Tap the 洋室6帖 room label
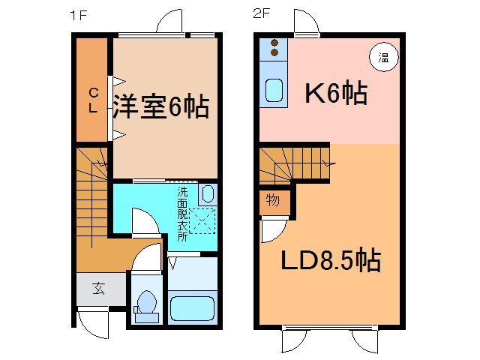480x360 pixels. tap(161, 107)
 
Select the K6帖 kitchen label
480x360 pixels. tap(334, 94)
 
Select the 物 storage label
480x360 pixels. tap(273, 201)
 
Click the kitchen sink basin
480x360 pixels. tap(274, 91)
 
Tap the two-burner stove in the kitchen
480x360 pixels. tap(274, 48)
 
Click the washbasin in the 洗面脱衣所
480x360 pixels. tap(208, 193)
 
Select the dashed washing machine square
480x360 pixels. tap(202, 221)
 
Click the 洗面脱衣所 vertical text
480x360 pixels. tap(182, 214)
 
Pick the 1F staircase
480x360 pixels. tap(93, 202)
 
